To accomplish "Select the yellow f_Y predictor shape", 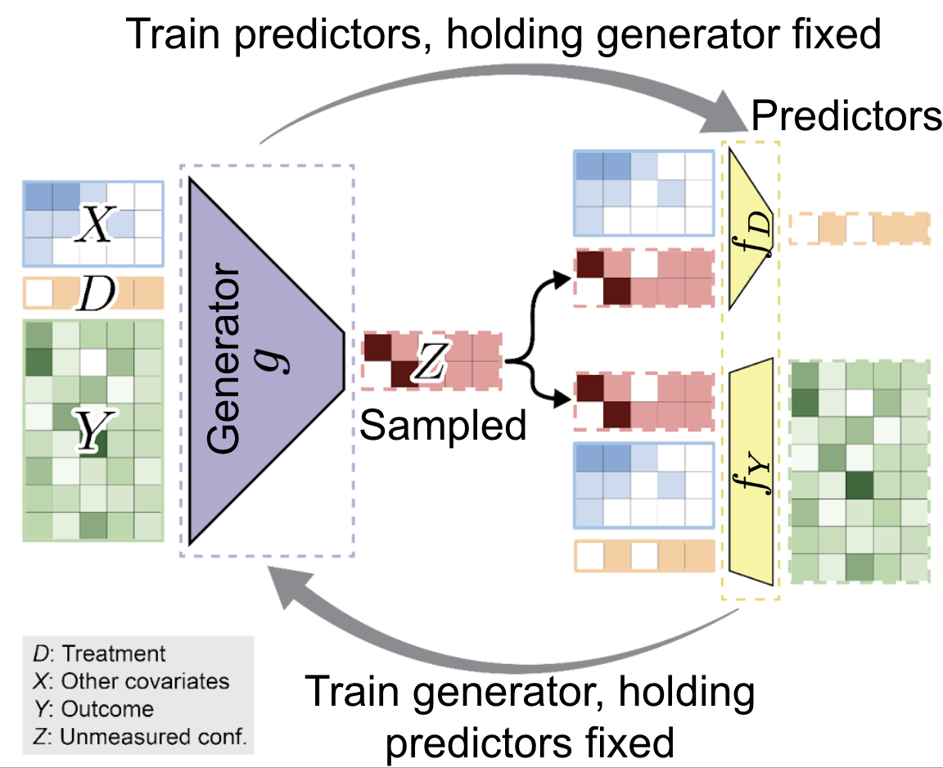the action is pos(751,472).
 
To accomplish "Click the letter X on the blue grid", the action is pos(95,224).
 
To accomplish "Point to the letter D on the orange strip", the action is pos(97,293).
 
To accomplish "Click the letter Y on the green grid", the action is pos(94,429).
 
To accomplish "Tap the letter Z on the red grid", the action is pos(430,360).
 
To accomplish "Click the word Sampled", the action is pos(443,425).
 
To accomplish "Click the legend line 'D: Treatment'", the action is pos(99,653).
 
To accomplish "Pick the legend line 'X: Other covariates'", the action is pos(131,680).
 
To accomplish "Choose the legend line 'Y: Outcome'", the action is pos(94,708).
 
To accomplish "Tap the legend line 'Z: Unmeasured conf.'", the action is pos(140,736).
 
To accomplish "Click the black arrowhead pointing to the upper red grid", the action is pos(562,279).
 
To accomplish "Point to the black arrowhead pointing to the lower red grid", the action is pos(562,398).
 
